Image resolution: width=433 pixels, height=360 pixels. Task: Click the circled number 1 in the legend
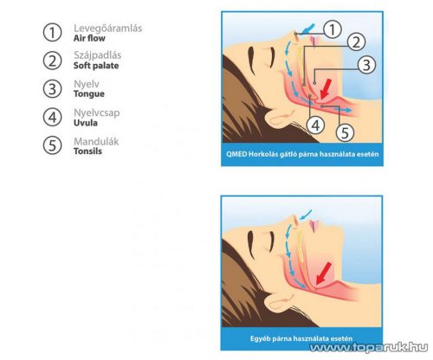52,32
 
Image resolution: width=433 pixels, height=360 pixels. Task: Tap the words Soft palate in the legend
96,66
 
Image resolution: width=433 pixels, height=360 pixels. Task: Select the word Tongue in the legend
89,94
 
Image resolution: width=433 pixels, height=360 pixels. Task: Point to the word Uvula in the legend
86,123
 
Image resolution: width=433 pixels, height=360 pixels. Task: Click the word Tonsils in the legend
87,151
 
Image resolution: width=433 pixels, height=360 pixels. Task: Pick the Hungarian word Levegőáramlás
107,29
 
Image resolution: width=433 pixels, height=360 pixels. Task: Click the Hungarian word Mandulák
96,141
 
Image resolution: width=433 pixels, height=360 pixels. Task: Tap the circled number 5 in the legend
52,145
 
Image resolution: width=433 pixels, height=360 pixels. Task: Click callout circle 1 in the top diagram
333,29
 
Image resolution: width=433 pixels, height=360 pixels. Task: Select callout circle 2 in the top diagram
356,42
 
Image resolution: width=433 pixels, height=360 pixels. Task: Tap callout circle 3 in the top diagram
366,65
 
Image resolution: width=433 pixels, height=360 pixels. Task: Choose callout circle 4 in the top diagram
316,125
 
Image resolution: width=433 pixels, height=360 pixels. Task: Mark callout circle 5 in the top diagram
346,132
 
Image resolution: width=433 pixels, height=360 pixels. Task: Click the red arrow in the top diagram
326,89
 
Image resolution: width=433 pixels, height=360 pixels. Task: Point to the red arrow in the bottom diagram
323,273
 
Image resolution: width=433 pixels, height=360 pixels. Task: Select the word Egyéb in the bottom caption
259,338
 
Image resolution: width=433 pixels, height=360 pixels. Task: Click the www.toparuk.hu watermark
369,347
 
